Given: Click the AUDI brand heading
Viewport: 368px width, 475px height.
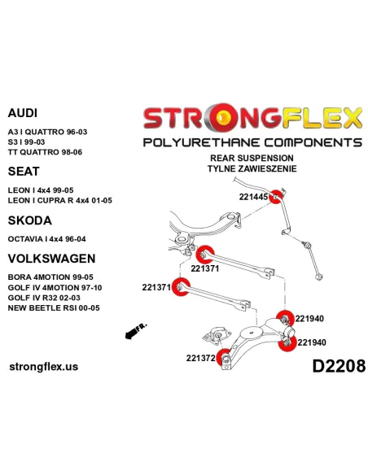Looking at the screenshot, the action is coord(23,113).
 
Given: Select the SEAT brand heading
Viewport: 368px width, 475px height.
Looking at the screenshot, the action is coord(24,172).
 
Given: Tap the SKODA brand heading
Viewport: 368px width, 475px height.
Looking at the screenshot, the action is coord(29,220).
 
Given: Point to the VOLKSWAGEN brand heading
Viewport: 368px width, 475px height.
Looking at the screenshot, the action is coord(51,259).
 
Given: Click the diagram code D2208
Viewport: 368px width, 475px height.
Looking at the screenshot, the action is coord(339,366).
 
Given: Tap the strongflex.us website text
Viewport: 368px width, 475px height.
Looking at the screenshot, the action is coord(44,367).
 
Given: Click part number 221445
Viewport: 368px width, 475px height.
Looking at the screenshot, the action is coord(253,197).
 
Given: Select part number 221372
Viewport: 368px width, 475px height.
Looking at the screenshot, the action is coord(200,358).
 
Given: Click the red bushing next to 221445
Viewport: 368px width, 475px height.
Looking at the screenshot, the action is coord(276,197).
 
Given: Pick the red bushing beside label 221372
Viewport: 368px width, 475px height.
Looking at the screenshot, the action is coord(224,357).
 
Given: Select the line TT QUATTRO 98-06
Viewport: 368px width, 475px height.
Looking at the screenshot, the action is coord(45,152).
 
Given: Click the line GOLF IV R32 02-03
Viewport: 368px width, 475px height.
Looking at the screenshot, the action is coord(44,298).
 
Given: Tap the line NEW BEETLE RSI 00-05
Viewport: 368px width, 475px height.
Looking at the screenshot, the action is coord(54,308).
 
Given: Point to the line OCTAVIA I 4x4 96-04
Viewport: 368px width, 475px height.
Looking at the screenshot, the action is coord(46,239).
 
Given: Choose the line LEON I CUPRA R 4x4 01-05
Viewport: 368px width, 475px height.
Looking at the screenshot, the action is coord(60,201).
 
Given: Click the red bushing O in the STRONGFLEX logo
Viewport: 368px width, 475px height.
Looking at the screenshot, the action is coord(224,117).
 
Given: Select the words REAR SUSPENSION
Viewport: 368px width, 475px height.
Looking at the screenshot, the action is coord(252,158).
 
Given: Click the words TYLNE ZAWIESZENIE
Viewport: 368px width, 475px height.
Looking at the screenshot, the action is coord(252,168).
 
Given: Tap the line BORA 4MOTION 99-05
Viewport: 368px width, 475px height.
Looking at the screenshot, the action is coord(50,277).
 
